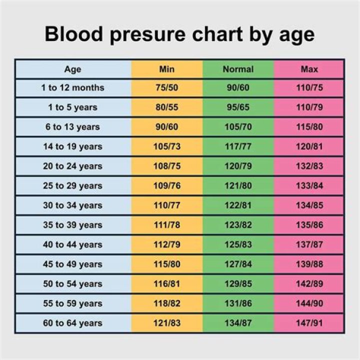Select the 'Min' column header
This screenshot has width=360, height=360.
click(x=166, y=69)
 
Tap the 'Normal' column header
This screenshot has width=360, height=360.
click(x=238, y=69)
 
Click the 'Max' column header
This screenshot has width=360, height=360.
click(x=309, y=69)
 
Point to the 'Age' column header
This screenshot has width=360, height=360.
click(x=72, y=69)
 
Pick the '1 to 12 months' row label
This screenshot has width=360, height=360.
click(x=72, y=87)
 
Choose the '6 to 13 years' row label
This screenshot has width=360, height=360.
click(x=72, y=127)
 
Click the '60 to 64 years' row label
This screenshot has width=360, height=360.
click(x=72, y=323)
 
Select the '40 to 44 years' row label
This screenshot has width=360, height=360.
click(x=72, y=244)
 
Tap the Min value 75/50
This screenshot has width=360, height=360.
click(x=166, y=87)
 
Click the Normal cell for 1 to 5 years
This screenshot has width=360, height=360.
click(x=238, y=107)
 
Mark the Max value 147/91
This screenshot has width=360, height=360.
click(x=309, y=323)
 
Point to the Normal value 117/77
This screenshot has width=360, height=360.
click(x=238, y=146)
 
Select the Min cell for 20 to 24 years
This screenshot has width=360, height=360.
click(x=166, y=166)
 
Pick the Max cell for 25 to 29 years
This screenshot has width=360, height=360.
click(x=309, y=186)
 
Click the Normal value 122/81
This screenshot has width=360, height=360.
click(x=238, y=205)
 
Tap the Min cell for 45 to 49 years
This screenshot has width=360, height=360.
click(x=166, y=264)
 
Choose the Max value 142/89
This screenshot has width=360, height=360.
click(x=309, y=284)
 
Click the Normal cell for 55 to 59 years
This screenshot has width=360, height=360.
click(x=238, y=303)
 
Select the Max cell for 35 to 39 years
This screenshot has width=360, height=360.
click(x=309, y=225)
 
